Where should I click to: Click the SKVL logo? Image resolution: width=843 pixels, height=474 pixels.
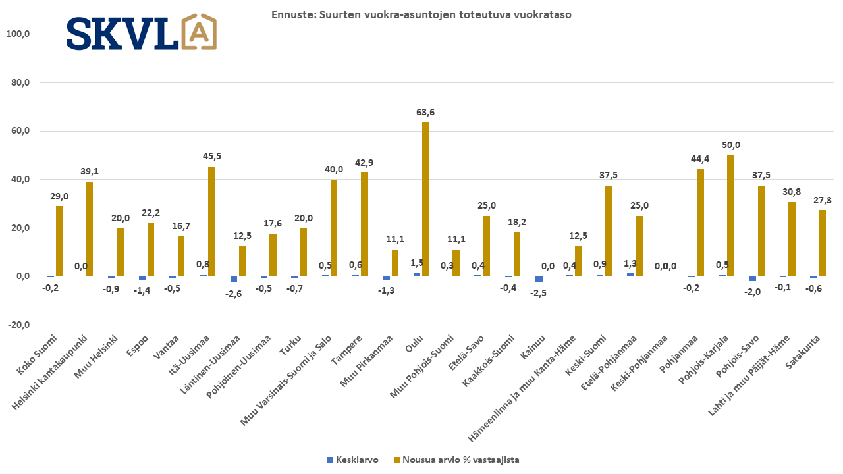tap(141, 32)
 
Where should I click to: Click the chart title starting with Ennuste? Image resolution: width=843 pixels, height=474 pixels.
tap(421, 14)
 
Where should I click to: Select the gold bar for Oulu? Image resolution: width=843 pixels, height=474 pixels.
tap(425, 199)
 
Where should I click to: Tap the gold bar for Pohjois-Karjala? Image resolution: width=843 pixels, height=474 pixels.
tap(730, 215)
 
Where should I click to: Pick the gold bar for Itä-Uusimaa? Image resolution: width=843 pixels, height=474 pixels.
tap(211, 221)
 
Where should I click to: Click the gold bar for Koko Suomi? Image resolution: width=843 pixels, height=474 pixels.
tap(59, 241)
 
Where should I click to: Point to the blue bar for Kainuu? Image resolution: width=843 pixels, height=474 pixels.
tap(539, 279)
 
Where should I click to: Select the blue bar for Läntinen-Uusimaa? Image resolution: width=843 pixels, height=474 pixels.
tap(234, 279)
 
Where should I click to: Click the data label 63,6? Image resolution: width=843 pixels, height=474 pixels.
tap(425, 113)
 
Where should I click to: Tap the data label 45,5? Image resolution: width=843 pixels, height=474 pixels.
tap(211, 157)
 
